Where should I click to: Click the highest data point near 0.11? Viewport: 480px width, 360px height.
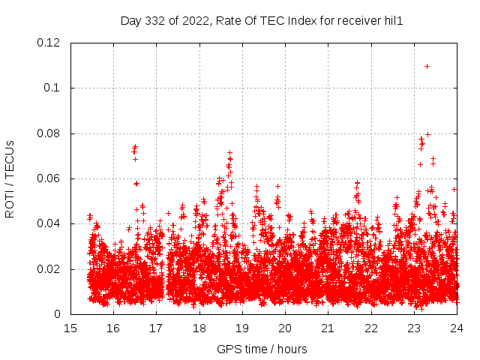pos(427,66)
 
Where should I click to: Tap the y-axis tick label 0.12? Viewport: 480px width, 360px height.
pos(49,43)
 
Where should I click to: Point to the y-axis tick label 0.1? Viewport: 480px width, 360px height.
pos(54,88)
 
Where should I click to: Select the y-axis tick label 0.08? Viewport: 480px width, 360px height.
pos(49,133)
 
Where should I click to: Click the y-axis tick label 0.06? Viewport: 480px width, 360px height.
pos(49,178)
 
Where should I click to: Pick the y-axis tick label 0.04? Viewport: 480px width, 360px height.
pos(49,223)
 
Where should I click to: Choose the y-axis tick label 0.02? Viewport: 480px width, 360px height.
pos(49,269)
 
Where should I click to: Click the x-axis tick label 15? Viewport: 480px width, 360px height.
pos(70,328)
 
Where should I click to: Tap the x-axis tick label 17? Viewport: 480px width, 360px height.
pos(156,328)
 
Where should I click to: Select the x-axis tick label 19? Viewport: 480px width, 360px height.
pos(242,328)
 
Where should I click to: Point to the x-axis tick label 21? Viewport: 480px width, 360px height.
pos(328,328)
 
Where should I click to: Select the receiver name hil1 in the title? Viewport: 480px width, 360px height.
pos(391,21)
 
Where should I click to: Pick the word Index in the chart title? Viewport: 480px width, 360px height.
pos(295,21)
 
